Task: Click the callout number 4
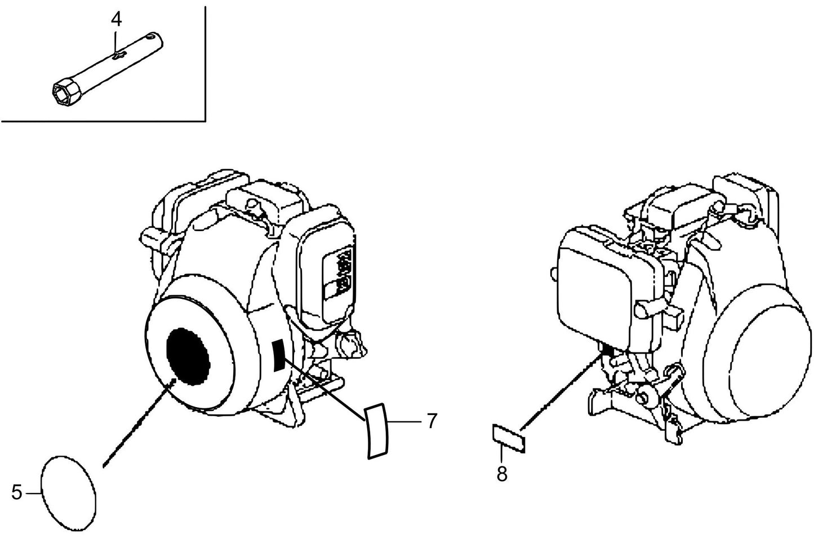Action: click(x=115, y=19)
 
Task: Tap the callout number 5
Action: click(x=17, y=492)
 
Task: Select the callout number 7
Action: click(x=432, y=421)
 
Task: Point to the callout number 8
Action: click(x=501, y=474)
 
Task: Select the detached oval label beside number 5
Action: click(x=70, y=493)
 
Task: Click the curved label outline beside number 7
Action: click(x=376, y=431)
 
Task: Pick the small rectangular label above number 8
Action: click(x=509, y=439)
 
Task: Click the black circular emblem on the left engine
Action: click(x=188, y=356)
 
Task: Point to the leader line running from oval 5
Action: click(x=138, y=423)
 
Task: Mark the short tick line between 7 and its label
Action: click(x=406, y=421)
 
